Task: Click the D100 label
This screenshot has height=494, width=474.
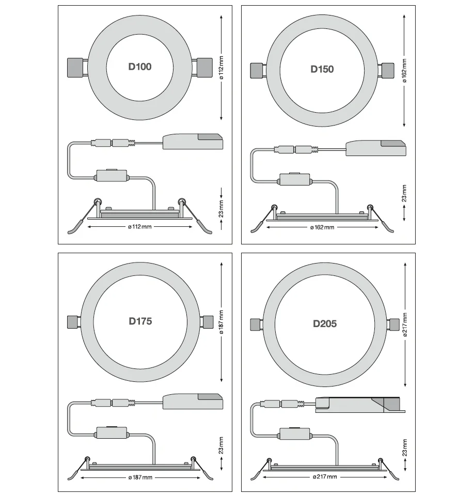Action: (x=140, y=67)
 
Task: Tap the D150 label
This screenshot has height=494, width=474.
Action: (x=322, y=69)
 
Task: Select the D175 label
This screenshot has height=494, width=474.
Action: (x=140, y=321)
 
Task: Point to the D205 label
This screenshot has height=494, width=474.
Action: (x=325, y=323)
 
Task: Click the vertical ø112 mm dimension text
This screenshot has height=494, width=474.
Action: (x=222, y=68)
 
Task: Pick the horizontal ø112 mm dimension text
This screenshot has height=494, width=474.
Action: (x=140, y=226)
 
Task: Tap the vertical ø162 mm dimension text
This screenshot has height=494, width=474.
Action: (x=404, y=71)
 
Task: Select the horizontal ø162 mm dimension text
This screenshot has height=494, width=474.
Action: (x=322, y=227)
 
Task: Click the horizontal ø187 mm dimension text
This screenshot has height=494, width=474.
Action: (x=140, y=477)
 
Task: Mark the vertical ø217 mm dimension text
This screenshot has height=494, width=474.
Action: (x=405, y=325)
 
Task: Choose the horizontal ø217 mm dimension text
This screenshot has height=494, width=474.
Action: (x=325, y=476)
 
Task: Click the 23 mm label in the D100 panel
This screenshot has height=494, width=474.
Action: (x=222, y=209)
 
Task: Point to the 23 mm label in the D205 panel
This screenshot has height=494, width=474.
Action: (x=405, y=447)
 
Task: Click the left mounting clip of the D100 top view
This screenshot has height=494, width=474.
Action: (x=75, y=67)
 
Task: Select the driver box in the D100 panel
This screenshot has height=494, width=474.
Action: (x=193, y=142)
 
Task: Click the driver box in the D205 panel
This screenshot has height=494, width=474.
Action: (x=360, y=405)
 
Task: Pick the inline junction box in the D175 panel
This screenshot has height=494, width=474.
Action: (x=112, y=433)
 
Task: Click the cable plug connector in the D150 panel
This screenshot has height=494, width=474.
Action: (x=296, y=149)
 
